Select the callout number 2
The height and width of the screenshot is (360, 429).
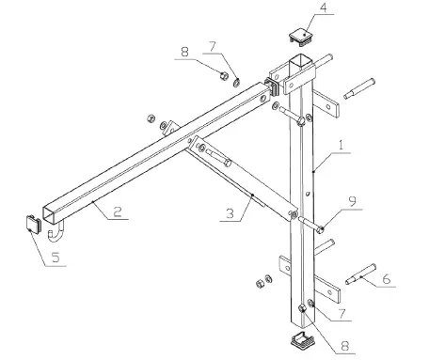[117, 213]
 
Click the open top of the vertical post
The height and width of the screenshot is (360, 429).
[300, 63]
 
